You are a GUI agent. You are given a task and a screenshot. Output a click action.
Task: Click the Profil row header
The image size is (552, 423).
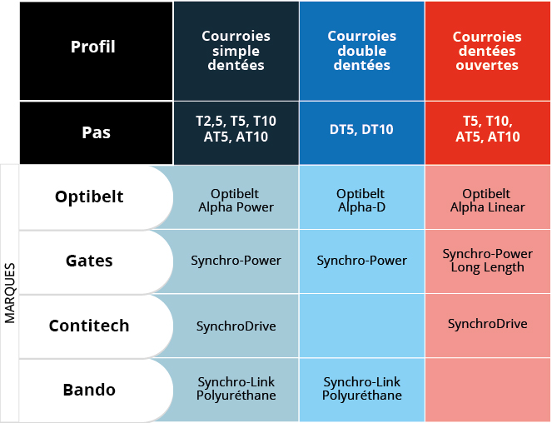click(x=92, y=47)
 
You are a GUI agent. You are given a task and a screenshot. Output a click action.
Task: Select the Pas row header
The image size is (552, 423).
click(x=96, y=132)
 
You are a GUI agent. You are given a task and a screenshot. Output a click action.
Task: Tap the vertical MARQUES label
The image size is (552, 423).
click(x=10, y=294)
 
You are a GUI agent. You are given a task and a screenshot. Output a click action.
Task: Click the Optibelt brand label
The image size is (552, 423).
click(x=89, y=197)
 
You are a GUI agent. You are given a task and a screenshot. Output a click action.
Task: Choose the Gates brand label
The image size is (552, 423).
click(x=89, y=261)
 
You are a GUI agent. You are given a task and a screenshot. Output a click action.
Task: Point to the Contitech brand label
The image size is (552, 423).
click(x=89, y=326)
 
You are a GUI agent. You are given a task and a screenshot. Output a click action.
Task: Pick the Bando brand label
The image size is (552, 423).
click(x=89, y=390)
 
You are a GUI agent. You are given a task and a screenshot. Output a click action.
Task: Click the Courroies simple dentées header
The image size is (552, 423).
click(x=236, y=51)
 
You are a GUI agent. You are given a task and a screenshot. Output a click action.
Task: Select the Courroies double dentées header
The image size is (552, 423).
click(x=361, y=51)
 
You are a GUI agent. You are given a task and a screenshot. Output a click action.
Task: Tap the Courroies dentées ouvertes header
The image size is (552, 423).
click(x=487, y=51)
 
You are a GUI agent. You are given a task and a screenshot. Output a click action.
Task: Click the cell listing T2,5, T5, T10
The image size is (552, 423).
click(x=236, y=129)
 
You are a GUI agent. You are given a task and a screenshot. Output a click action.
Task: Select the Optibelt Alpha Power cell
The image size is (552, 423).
click(x=236, y=200)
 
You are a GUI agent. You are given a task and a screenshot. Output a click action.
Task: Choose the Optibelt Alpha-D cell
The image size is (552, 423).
click(x=361, y=200)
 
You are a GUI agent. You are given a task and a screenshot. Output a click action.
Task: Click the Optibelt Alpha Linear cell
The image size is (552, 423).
click(x=487, y=200)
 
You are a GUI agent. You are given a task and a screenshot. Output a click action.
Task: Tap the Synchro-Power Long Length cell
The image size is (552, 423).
click(x=487, y=260)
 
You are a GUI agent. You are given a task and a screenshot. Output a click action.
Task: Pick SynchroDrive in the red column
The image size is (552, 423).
click(x=487, y=323)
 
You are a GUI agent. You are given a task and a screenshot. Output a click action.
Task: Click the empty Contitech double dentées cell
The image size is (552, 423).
click(x=361, y=326)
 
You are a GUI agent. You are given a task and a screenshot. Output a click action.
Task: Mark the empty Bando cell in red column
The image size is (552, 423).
click(x=487, y=390)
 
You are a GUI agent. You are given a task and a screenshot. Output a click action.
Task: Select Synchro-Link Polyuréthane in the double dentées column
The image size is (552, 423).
click(x=361, y=388)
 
